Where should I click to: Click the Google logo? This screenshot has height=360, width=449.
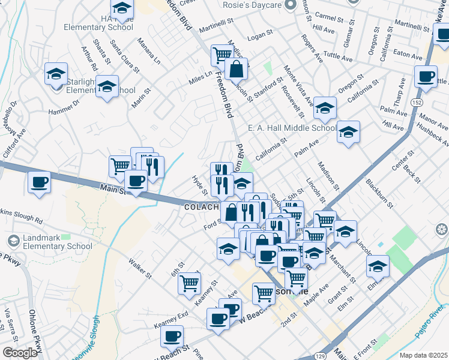pyautogui.click(x=20, y=353)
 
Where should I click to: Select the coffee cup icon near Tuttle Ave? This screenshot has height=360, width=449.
pyautogui.click(x=426, y=77)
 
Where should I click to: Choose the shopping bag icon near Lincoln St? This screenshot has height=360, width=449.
pyautogui.click(x=237, y=69)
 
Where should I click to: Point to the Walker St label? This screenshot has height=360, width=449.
pyautogui.click(x=140, y=268)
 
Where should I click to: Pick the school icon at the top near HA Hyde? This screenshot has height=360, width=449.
pyautogui.click(x=122, y=7)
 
